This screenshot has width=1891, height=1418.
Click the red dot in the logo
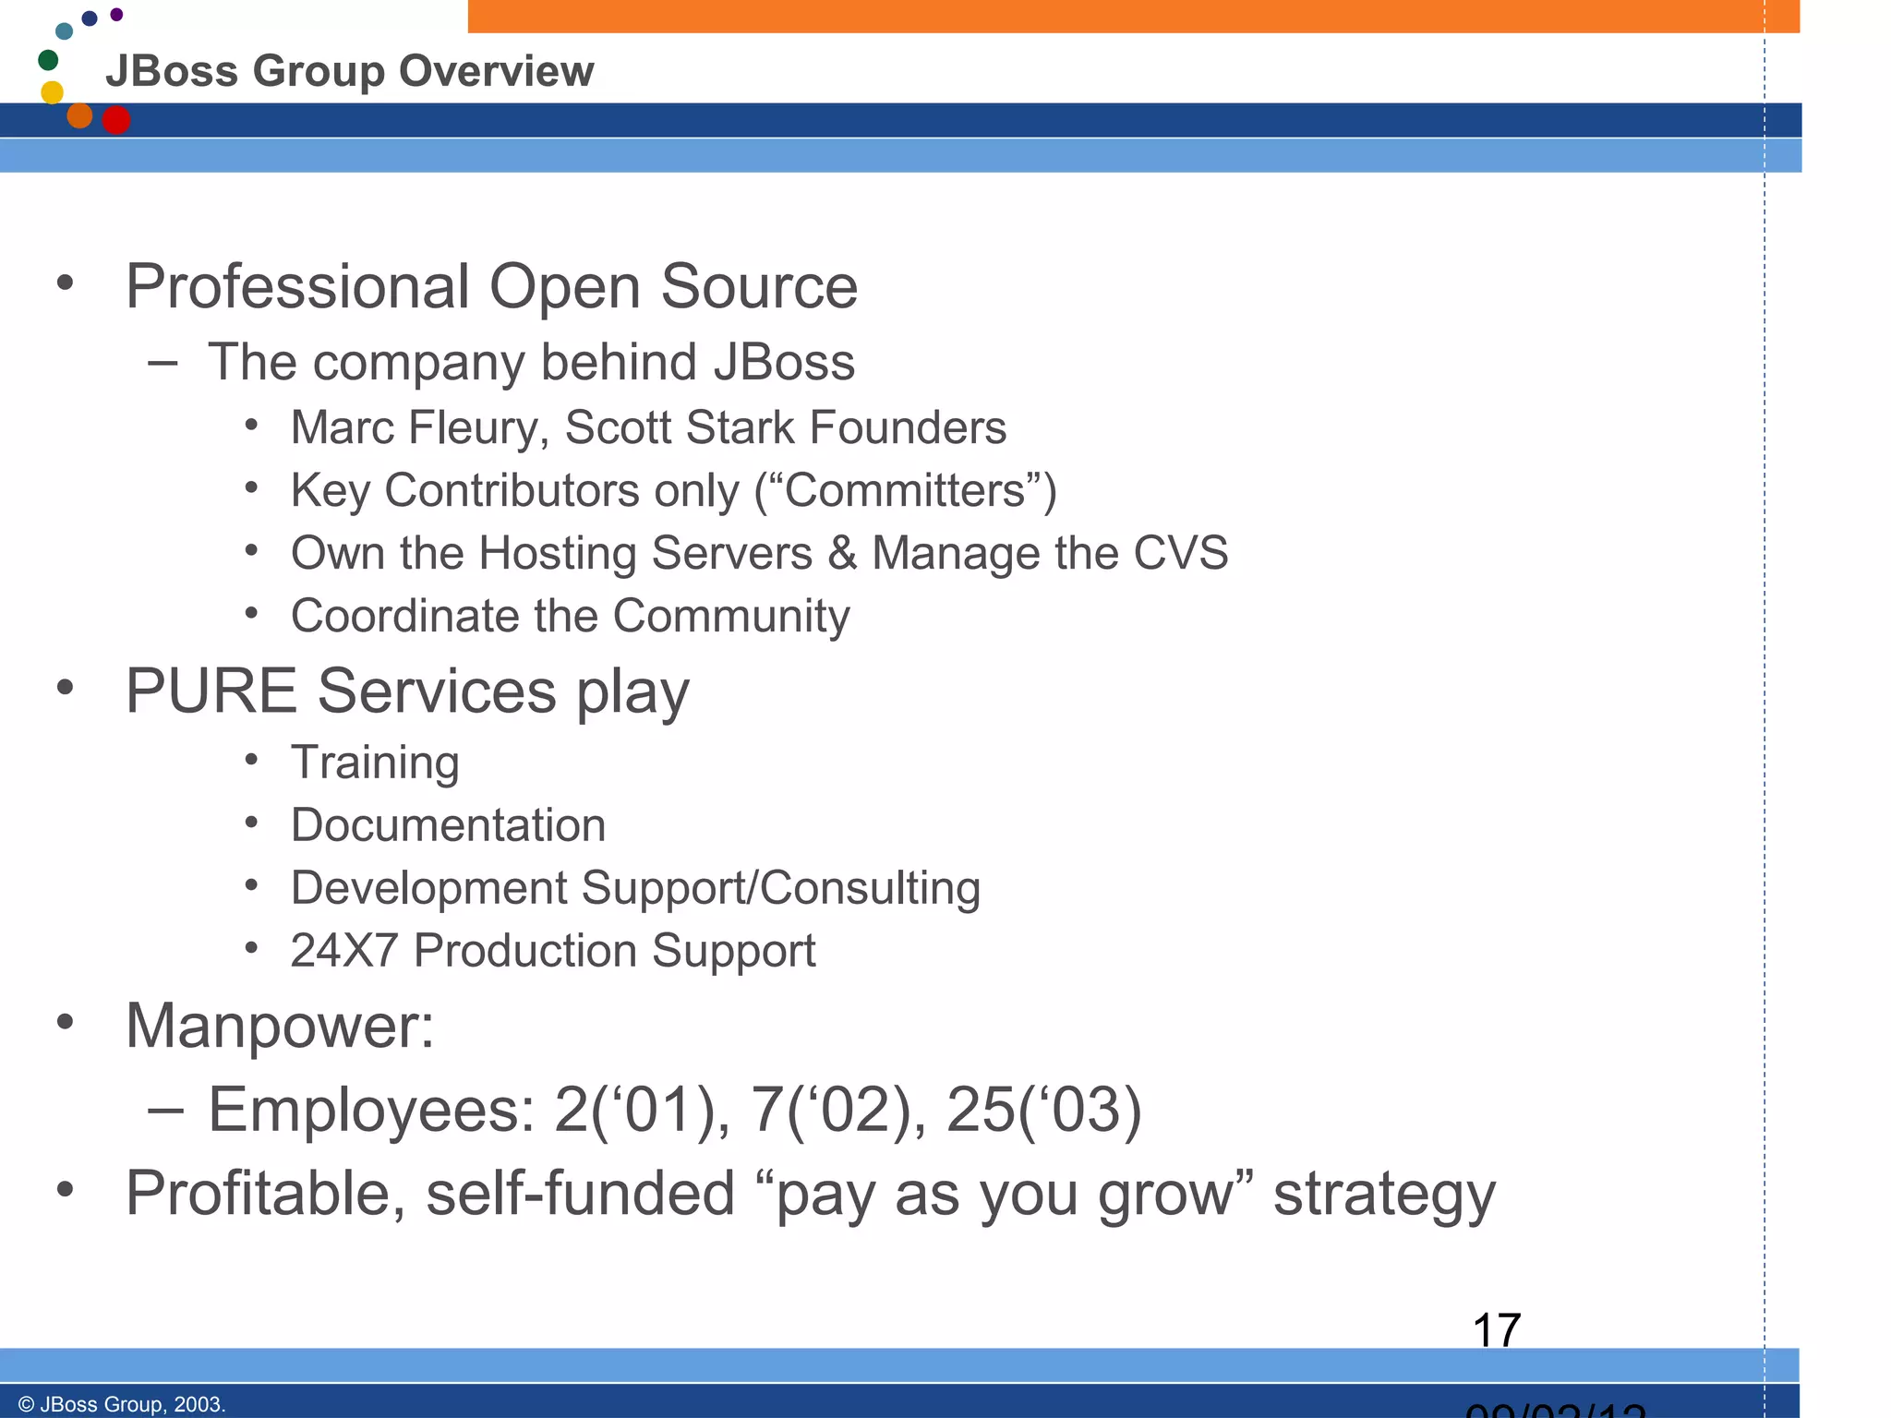point(116,120)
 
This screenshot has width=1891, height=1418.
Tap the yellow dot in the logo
point(53,92)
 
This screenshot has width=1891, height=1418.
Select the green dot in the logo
point(48,60)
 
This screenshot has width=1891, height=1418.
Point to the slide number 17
point(1496,1331)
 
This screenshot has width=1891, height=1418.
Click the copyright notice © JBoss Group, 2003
point(122,1404)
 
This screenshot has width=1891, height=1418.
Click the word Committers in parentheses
point(905,490)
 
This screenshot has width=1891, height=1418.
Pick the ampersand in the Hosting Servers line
point(842,553)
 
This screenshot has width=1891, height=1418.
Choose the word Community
point(731,616)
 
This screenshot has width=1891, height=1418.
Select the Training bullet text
point(375,763)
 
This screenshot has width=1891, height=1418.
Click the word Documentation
point(448,825)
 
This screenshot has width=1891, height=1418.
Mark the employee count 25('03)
point(1043,1110)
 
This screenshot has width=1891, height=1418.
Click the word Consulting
point(871,888)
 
